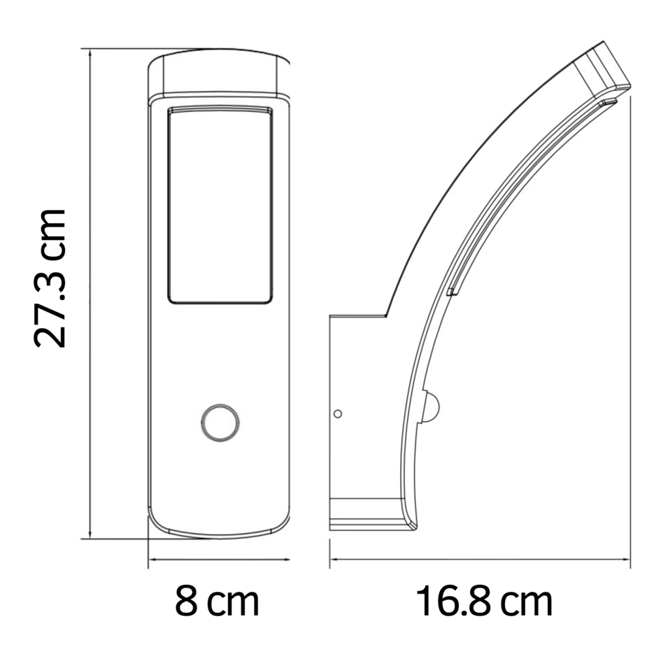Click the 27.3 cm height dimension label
tap(50, 278)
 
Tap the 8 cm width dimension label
tap(217, 602)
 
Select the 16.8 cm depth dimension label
tap(484, 602)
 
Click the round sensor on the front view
tap(220, 422)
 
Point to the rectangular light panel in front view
tap(220, 206)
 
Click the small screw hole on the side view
tap(338, 413)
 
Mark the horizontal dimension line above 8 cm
tap(219, 559)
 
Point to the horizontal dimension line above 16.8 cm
tap(481, 559)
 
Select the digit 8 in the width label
tap(186, 602)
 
